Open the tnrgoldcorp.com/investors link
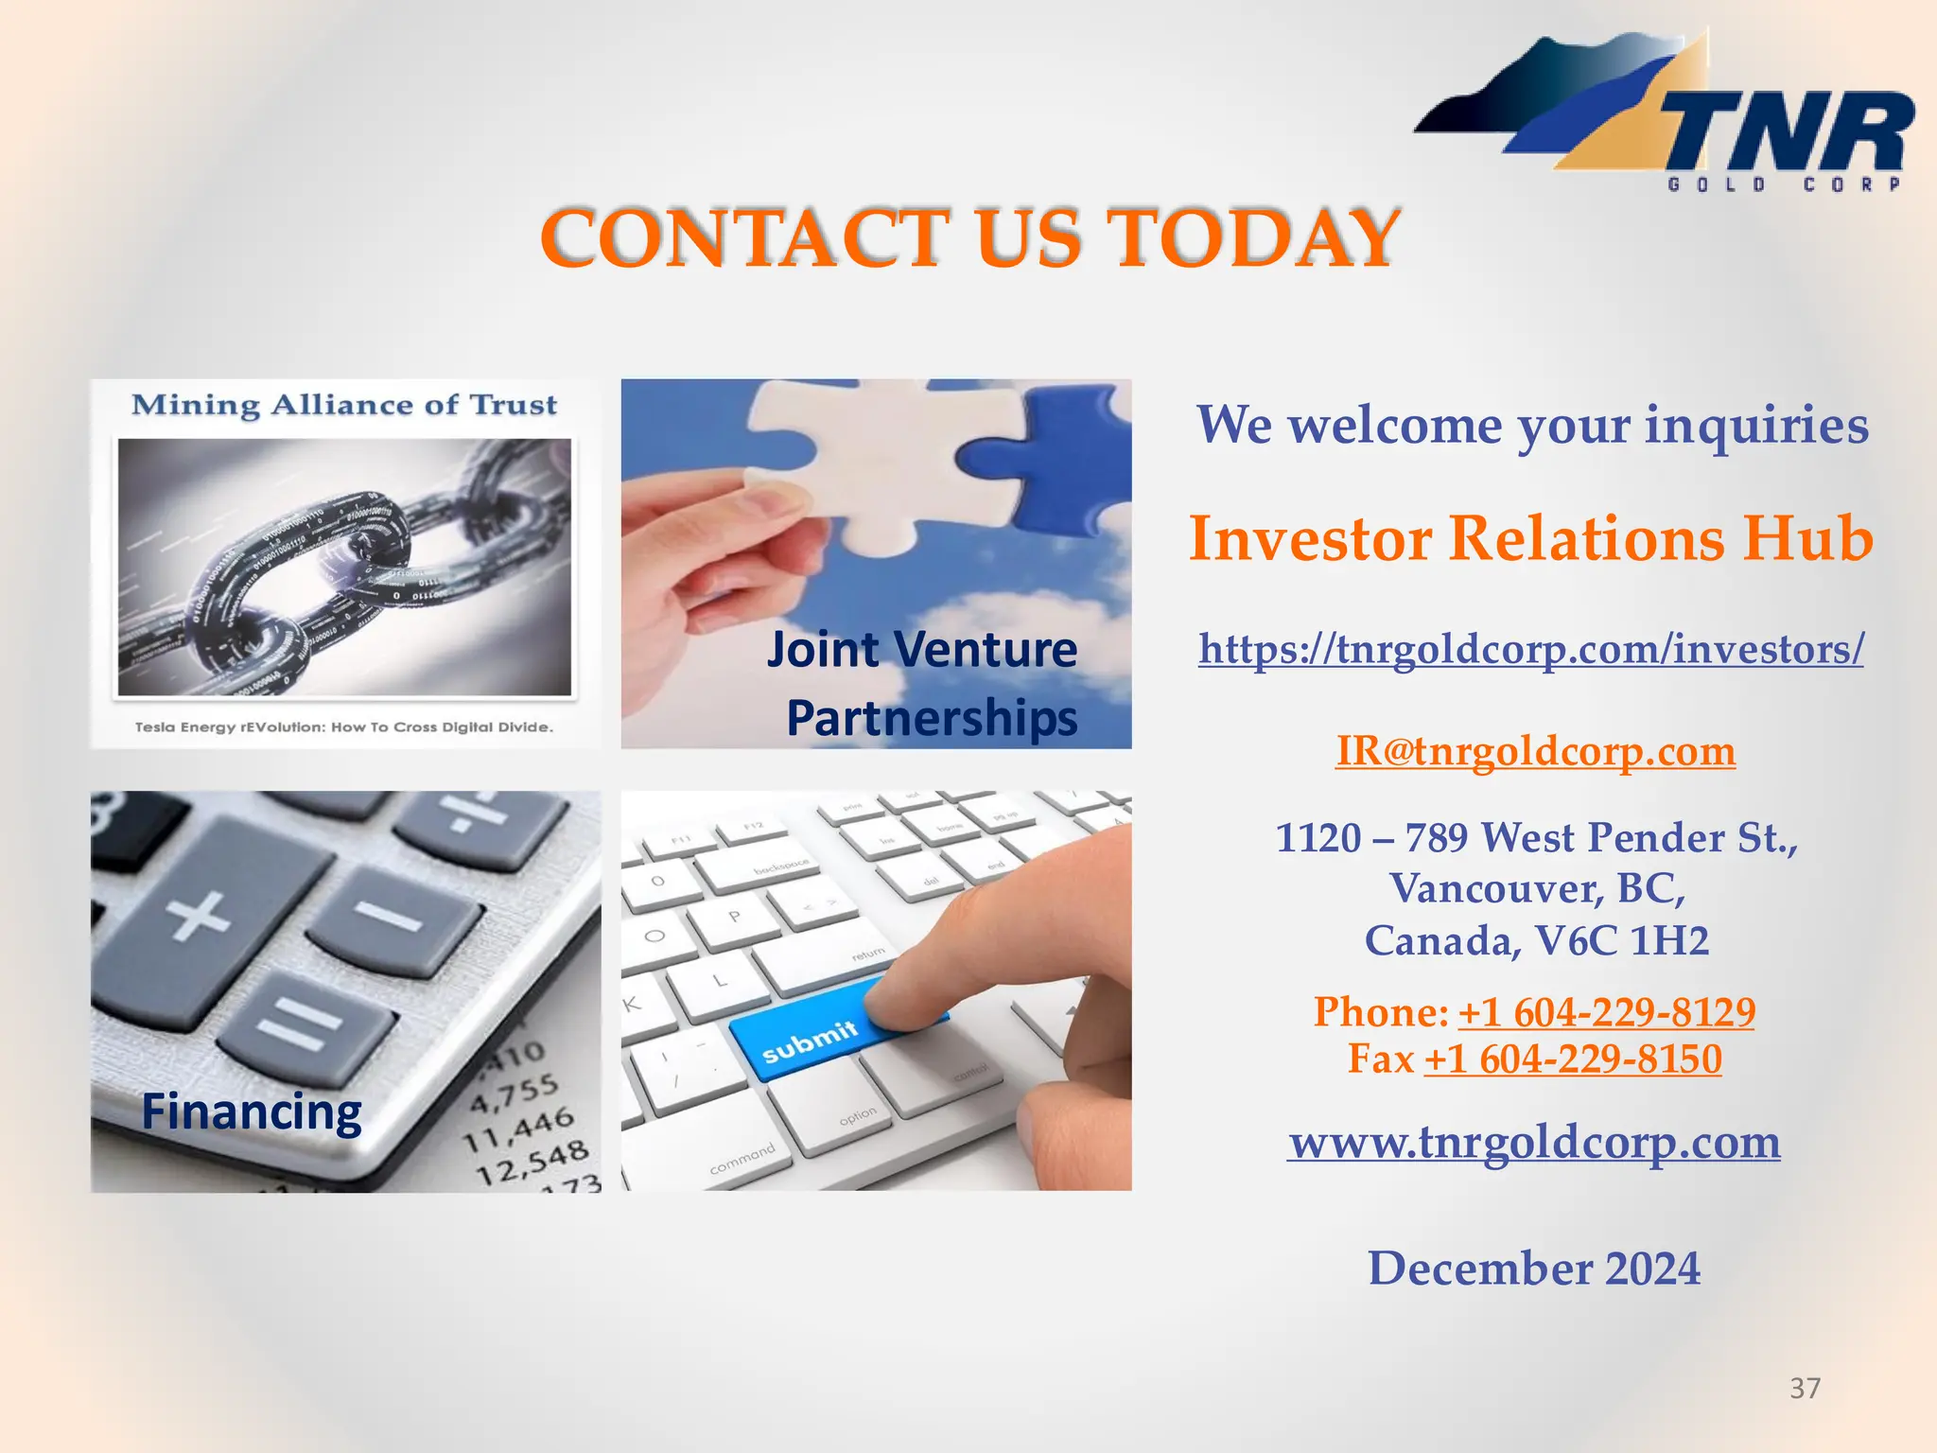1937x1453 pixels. click(1530, 650)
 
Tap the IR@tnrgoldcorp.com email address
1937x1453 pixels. click(1535, 752)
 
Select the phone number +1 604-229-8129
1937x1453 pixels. click(1606, 1013)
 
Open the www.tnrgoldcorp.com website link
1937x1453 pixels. click(1533, 1143)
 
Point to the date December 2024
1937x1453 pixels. click(1533, 1269)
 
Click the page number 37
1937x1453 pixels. click(1805, 1388)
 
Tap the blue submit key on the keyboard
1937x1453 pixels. click(813, 1036)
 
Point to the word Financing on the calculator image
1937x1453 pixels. click(252, 1112)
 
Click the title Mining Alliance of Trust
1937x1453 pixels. click(344, 405)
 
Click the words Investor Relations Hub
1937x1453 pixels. click(1530, 538)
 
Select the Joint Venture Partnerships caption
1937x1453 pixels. click(923, 683)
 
